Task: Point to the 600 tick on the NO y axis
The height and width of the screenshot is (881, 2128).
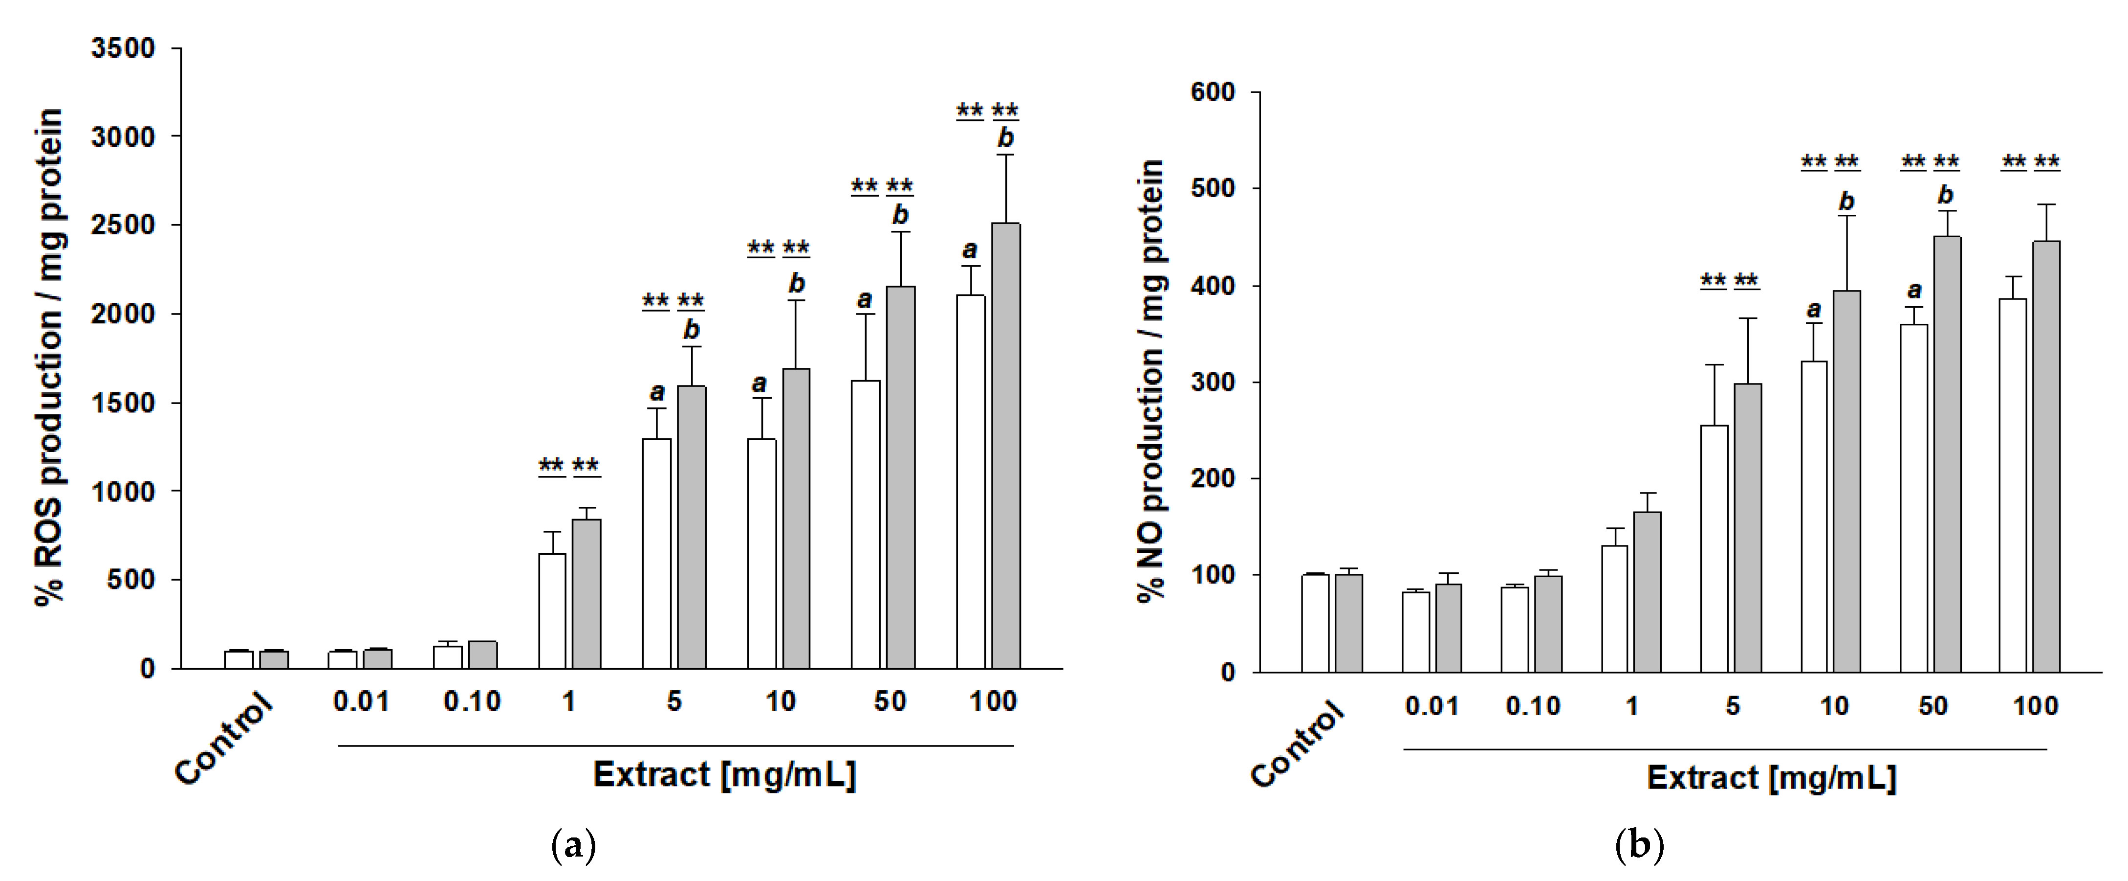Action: [1212, 92]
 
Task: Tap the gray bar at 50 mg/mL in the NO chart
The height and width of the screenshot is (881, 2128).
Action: [1946, 454]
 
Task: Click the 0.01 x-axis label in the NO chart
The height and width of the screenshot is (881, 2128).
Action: [1432, 707]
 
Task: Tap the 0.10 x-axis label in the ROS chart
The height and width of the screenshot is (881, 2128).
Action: [472, 701]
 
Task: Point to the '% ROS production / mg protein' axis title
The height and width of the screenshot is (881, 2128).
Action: [49, 357]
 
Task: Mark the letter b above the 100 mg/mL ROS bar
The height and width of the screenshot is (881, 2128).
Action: [1005, 138]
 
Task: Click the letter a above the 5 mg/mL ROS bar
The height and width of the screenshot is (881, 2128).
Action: [657, 391]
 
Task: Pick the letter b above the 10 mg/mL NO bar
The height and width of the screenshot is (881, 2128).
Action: [1847, 201]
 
